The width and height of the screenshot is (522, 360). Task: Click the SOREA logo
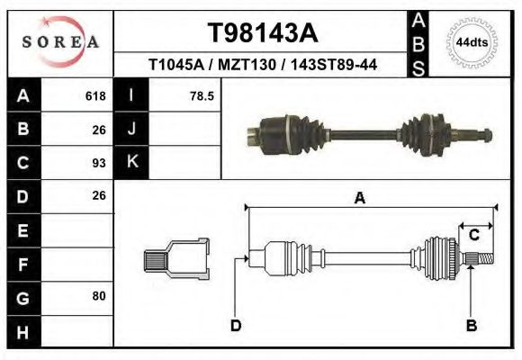click(60, 42)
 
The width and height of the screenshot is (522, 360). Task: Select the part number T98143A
click(262, 33)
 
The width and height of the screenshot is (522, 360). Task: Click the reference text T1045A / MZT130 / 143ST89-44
click(262, 66)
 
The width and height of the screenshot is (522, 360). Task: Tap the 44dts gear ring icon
click(472, 42)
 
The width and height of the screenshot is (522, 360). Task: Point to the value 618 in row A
click(94, 95)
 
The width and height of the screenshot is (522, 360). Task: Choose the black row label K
click(131, 163)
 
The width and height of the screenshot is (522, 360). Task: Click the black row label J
click(131, 129)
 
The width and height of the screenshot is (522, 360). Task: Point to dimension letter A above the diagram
click(360, 199)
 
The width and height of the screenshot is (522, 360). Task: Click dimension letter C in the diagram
click(473, 235)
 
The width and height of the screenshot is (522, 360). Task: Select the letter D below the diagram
click(235, 325)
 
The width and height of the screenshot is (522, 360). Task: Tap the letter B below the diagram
click(471, 325)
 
